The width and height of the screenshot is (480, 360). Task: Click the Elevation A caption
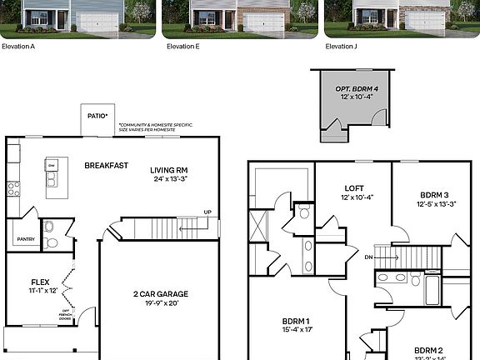click(x=17, y=47)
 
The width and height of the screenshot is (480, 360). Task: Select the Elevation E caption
click(x=182, y=47)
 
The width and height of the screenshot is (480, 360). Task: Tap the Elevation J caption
click(x=341, y=47)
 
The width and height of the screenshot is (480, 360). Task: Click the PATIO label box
click(x=97, y=117)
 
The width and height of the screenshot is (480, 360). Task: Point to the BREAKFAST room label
click(x=107, y=165)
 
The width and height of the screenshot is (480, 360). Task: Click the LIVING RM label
click(x=168, y=170)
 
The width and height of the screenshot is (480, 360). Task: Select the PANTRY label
click(x=25, y=240)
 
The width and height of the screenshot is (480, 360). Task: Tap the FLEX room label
click(x=41, y=282)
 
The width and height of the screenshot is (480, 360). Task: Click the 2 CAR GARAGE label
click(x=161, y=293)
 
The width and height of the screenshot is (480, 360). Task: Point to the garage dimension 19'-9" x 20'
click(x=161, y=302)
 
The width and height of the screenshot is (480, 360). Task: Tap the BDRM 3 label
click(x=434, y=194)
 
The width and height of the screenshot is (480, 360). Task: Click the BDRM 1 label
click(x=296, y=321)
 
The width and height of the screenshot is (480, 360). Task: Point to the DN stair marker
click(x=369, y=257)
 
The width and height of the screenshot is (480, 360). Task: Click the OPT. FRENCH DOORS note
click(x=66, y=314)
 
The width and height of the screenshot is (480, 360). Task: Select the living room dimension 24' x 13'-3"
click(x=168, y=179)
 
